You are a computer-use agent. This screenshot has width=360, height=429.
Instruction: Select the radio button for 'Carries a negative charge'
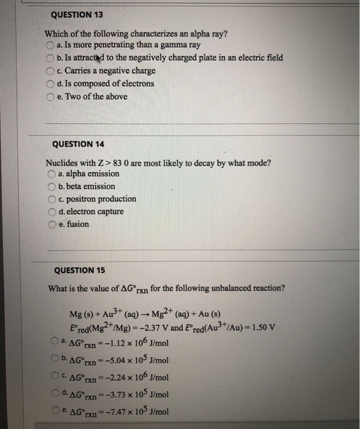[x=50, y=71]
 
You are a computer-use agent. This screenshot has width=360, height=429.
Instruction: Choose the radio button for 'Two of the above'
[x=50, y=97]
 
